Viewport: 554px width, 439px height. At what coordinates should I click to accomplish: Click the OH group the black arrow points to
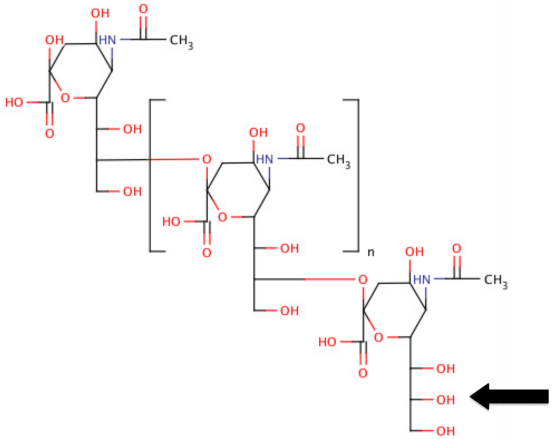tap(445, 400)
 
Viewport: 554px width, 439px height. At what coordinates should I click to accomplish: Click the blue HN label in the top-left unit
tap(107, 40)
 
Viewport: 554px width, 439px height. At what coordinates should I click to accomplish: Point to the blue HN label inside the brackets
tap(264, 159)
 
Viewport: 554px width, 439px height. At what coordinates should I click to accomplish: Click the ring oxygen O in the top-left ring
tap(65, 98)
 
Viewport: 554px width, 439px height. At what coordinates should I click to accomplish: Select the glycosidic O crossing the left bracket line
tap(207, 159)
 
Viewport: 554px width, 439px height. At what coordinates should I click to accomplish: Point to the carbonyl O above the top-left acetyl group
tap(143, 9)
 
